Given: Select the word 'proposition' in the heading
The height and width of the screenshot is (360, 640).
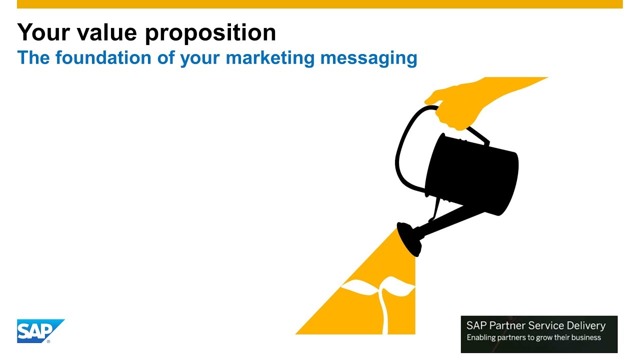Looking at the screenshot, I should [210, 33].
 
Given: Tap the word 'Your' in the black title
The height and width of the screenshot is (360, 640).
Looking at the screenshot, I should [41, 32].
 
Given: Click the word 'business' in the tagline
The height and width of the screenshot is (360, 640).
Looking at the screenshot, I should [586, 337].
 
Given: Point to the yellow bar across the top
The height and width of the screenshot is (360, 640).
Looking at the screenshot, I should [320, 4].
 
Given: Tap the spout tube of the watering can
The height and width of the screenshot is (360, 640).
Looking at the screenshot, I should [445, 217].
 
